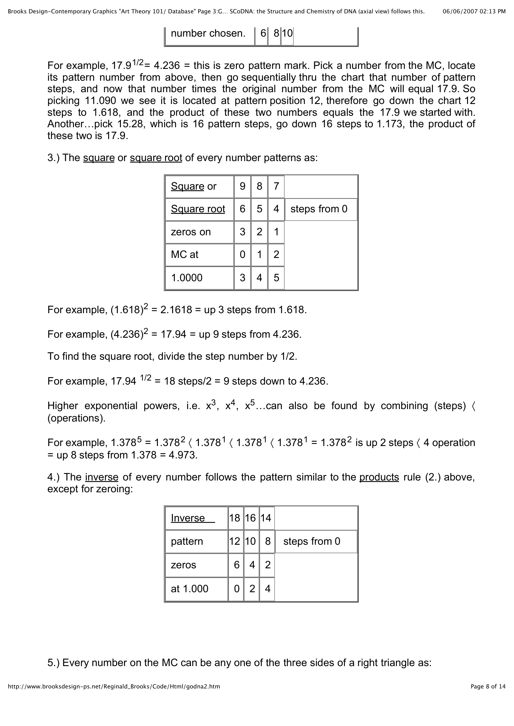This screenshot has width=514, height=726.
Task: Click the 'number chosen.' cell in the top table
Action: coord(208,33)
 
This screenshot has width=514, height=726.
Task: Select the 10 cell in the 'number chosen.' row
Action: coord(287,33)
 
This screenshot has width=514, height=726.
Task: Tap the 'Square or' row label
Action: coord(194,186)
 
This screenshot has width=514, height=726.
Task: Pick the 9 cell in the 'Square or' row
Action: coord(242,186)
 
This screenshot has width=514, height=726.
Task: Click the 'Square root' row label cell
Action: coord(198,209)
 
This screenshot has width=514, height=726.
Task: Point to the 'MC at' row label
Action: coord(185,255)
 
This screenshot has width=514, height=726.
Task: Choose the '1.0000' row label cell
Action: coord(187,277)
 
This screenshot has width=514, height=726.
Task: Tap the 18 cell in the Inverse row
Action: coord(235,518)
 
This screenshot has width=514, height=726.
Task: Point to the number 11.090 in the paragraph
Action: coord(101,101)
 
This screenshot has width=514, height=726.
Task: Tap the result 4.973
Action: coord(183,455)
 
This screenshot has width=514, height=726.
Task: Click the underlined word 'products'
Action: coord(379,477)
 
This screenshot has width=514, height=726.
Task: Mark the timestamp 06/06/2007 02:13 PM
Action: coord(474,12)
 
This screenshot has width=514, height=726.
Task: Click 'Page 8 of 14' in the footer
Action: coord(488,687)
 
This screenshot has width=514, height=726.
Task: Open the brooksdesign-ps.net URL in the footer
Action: coord(114,687)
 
